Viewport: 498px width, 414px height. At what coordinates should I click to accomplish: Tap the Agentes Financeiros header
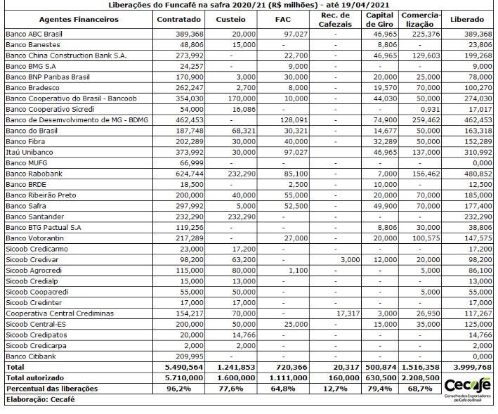pyautogui.click(x=79, y=20)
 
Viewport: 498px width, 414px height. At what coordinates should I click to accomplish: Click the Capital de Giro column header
pyautogui.click(x=380, y=20)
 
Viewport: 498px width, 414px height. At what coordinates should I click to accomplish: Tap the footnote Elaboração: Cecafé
pyautogui.click(x=39, y=399)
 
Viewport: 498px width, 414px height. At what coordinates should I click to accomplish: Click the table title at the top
pyautogui.click(x=249, y=5)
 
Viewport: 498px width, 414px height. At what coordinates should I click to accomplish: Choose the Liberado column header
pyautogui.click(x=466, y=20)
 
